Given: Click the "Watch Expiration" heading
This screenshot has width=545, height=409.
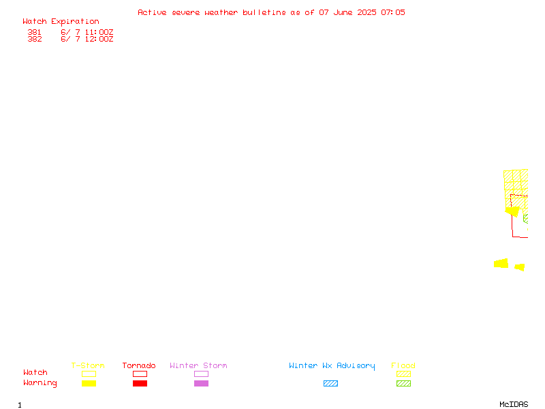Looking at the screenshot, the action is tap(61, 22).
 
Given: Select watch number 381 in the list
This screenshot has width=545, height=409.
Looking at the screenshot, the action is tap(35, 32).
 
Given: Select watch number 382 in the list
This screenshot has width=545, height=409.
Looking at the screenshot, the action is tap(35, 39).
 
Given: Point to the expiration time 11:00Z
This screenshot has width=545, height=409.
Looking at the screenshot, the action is tap(99, 32).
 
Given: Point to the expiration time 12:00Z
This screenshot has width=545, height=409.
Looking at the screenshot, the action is tap(99, 39).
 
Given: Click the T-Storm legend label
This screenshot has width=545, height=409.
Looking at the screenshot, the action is tap(88, 365).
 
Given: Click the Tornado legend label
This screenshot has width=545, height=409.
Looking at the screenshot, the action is tap(139, 365).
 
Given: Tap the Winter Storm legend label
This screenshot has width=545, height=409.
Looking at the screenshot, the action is tap(198, 365).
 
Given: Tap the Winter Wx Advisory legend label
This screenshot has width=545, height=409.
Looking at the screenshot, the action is tap(332, 366).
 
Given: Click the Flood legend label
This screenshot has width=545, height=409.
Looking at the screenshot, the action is tap(403, 365).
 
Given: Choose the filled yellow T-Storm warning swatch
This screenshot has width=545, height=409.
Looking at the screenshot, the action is tap(89, 383).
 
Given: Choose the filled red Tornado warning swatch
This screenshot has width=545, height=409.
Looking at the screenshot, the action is tap(140, 383).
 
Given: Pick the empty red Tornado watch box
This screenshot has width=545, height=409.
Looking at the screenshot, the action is tap(140, 371).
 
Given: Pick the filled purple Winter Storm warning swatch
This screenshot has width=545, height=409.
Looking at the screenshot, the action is tap(201, 383).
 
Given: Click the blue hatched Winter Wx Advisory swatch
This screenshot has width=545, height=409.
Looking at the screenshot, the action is tap(330, 383).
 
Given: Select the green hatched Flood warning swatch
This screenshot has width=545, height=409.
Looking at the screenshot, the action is tap(403, 383).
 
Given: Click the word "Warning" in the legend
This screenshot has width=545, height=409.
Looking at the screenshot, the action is tap(40, 383).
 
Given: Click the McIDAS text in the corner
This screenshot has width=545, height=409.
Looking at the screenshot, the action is tap(514, 404).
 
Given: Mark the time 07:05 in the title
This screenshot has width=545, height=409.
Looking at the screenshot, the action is tap(393, 12).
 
